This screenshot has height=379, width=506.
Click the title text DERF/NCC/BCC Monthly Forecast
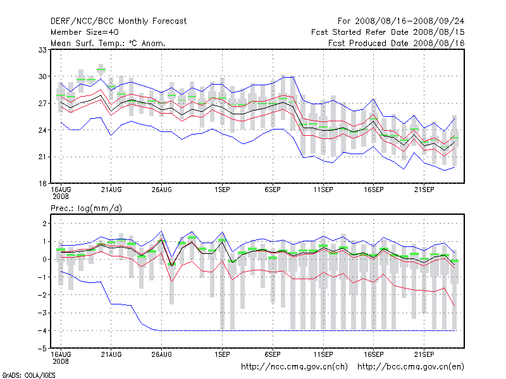(x=118, y=21)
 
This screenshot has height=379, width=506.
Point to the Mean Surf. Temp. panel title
(x=108, y=43)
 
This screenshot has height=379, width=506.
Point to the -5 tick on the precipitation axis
(x=44, y=348)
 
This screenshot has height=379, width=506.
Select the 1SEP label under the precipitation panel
(x=222, y=354)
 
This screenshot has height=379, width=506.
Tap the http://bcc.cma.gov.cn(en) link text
(x=411, y=366)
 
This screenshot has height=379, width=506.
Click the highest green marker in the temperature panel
(x=101, y=69)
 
